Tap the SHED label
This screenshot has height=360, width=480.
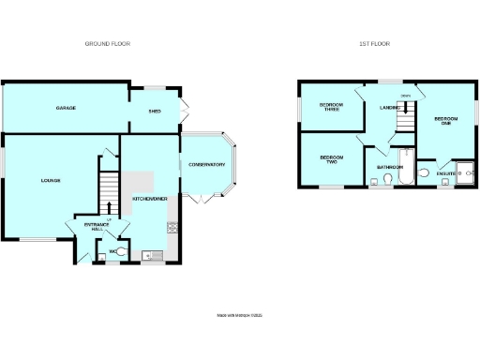(x=155, y=110)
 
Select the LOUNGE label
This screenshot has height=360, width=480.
(x=50, y=180)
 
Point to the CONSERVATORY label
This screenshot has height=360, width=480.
(x=206, y=165)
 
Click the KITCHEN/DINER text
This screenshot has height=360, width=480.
(x=150, y=199)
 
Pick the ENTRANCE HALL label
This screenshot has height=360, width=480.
(x=97, y=226)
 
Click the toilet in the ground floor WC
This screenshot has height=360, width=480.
(x=122, y=250)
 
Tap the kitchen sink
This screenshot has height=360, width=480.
(x=150, y=254)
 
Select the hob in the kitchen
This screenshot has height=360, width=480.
(x=172, y=227)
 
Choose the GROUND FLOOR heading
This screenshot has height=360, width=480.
(x=107, y=44)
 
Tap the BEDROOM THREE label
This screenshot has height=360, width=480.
(x=331, y=106)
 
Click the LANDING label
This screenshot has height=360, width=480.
(x=390, y=108)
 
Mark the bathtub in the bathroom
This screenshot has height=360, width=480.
(x=404, y=167)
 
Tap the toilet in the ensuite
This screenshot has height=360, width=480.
(x=424, y=173)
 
